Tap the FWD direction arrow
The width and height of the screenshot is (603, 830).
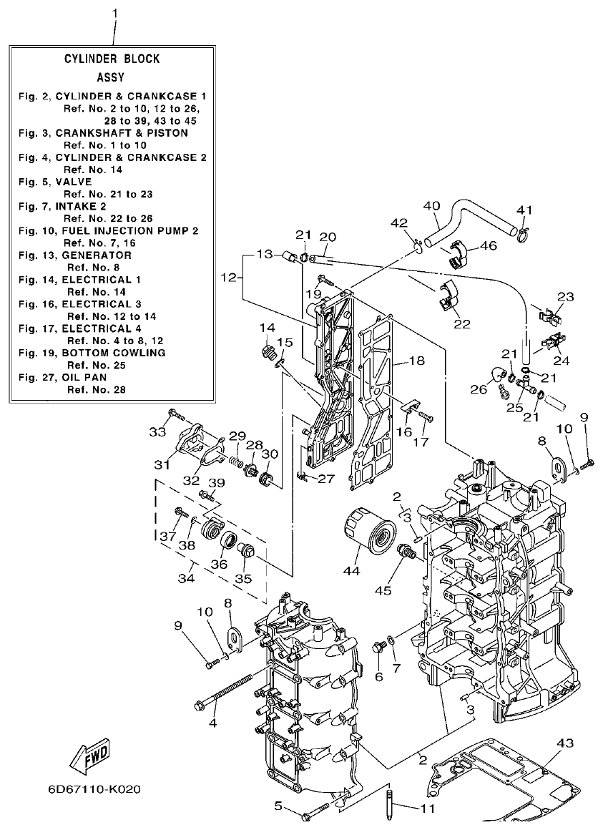(x=90, y=756)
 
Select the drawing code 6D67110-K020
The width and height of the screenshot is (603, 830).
(x=94, y=790)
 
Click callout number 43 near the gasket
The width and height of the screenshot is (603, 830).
(x=564, y=743)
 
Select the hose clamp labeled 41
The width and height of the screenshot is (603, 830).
(x=524, y=230)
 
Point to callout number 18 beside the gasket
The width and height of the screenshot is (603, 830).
(x=417, y=361)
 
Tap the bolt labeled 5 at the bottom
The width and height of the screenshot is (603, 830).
(x=315, y=811)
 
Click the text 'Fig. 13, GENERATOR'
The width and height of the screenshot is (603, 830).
(x=75, y=255)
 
